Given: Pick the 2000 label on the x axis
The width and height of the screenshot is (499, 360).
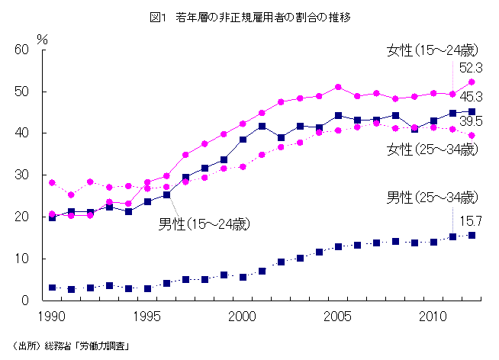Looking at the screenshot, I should pyautogui.click(x=243, y=315).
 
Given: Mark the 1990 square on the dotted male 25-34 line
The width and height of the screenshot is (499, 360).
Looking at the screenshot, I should pyautogui.click(x=52, y=288).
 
